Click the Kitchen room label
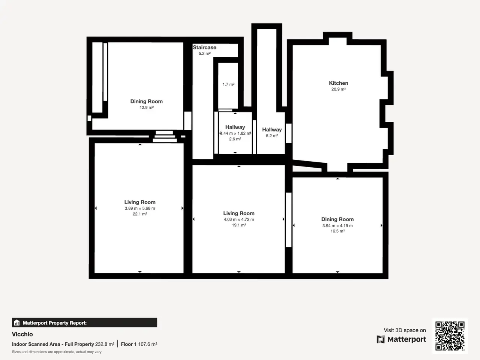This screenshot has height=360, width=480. pos(339,83)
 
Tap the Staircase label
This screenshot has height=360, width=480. pos(204,47)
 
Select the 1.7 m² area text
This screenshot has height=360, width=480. pos(228,84)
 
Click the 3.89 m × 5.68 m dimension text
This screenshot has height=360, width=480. pos(140,208)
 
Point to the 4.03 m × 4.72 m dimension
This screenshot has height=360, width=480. pos(239,219)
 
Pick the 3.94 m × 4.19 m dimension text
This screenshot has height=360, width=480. pos(337,226)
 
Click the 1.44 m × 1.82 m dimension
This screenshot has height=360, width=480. pos(235,133)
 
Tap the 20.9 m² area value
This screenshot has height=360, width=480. pos(339,89)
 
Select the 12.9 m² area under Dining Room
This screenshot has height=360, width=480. pos(147,108)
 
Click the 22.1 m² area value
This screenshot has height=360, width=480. pos(140,214)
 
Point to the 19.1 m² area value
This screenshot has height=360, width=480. pos(239,225)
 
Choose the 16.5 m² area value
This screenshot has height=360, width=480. pos(337,231)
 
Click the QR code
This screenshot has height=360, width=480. pos(450,336)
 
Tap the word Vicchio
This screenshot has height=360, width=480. pos(22,334)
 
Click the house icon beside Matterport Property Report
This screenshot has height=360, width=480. pos(17,322)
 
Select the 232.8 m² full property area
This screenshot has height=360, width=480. pos(105,344)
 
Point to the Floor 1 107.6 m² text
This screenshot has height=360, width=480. pos(139,344)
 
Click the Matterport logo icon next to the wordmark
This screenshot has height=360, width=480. pos(381,339)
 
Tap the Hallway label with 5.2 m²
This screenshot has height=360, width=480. pos(272,130)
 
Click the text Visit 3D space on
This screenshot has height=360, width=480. pos(405,330)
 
